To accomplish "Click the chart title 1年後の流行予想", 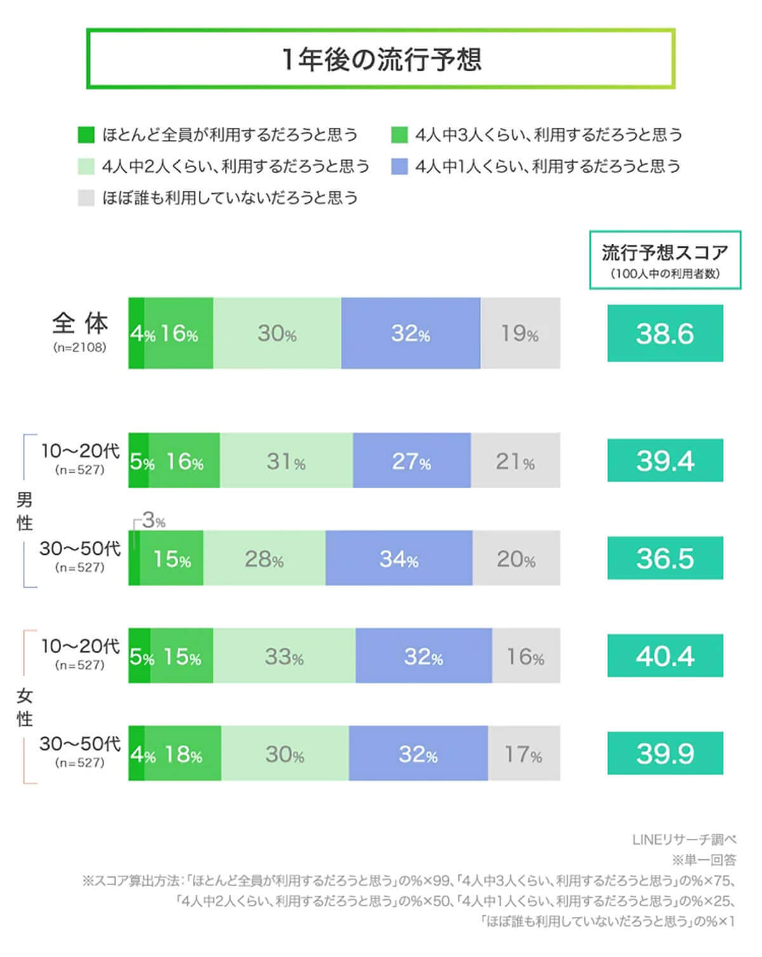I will (x=381, y=59).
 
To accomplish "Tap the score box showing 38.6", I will (x=665, y=333).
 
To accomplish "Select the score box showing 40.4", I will (x=665, y=656).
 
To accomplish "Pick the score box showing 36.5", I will (x=665, y=558).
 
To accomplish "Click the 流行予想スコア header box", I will (x=665, y=260).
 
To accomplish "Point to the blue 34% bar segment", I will (x=399, y=558).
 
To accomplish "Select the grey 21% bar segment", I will (x=516, y=461).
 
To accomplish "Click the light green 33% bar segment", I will (x=284, y=656).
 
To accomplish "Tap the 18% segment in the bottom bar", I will (x=184, y=754).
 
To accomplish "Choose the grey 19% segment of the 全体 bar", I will (x=520, y=333).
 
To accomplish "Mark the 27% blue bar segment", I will (x=411, y=461).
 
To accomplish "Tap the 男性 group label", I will (x=24, y=511).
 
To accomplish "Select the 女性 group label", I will (x=24, y=707).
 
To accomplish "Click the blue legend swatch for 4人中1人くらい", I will (x=399, y=166).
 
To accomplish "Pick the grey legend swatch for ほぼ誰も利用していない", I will (x=86, y=198).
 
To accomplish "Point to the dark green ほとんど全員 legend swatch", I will (x=86, y=135).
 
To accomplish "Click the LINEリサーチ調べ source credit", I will (x=684, y=839).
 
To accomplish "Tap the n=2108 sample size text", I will (x=80, y=348).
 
